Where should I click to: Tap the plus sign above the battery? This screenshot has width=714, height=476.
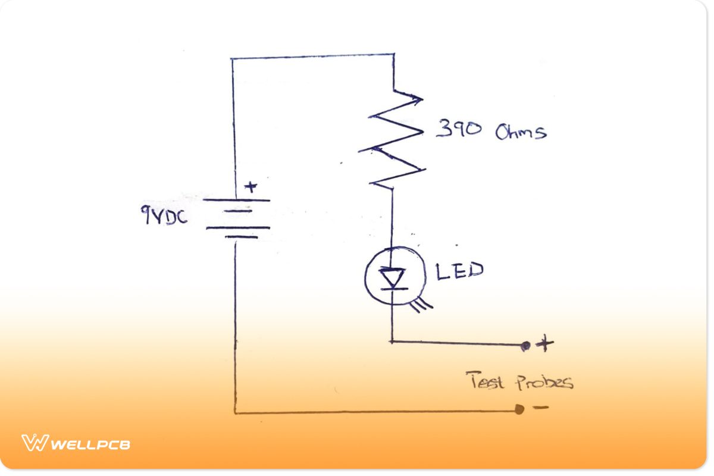(251, 187)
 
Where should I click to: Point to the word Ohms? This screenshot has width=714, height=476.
(520, 131)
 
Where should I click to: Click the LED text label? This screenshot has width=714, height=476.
(459, 271)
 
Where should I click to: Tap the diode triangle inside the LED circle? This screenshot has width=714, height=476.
(392, 277)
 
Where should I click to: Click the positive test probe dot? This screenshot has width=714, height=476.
(525, 346)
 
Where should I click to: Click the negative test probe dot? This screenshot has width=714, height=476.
(519, 409)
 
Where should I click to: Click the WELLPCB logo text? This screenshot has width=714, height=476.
(90, 444)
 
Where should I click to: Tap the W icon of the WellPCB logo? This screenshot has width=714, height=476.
(35, 443)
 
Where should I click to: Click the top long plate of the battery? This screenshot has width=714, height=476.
(236, 200)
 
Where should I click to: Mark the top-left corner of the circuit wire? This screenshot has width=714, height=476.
(231, 59)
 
